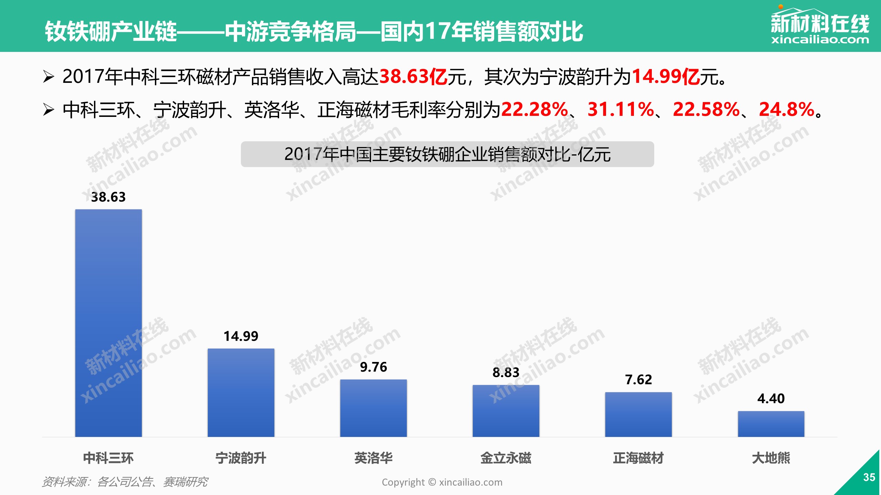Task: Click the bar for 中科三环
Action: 108,323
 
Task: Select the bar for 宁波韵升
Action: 241,393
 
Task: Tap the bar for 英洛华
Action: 373,408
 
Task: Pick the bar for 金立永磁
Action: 506,411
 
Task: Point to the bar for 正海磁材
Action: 638,414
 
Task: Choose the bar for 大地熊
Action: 771,424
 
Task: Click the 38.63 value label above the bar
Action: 108,197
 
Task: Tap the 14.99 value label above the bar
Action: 241,336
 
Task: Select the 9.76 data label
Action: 373,367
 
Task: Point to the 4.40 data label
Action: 771,399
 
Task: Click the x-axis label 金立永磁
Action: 506,458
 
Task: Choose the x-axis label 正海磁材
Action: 638,458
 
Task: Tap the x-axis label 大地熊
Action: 771,458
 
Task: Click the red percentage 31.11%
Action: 620,110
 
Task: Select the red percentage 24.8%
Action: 786,110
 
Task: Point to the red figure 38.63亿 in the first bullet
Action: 413,76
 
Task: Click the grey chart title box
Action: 447,154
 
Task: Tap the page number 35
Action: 869,477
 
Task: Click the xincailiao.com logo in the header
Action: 820,26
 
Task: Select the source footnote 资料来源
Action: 125,482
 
